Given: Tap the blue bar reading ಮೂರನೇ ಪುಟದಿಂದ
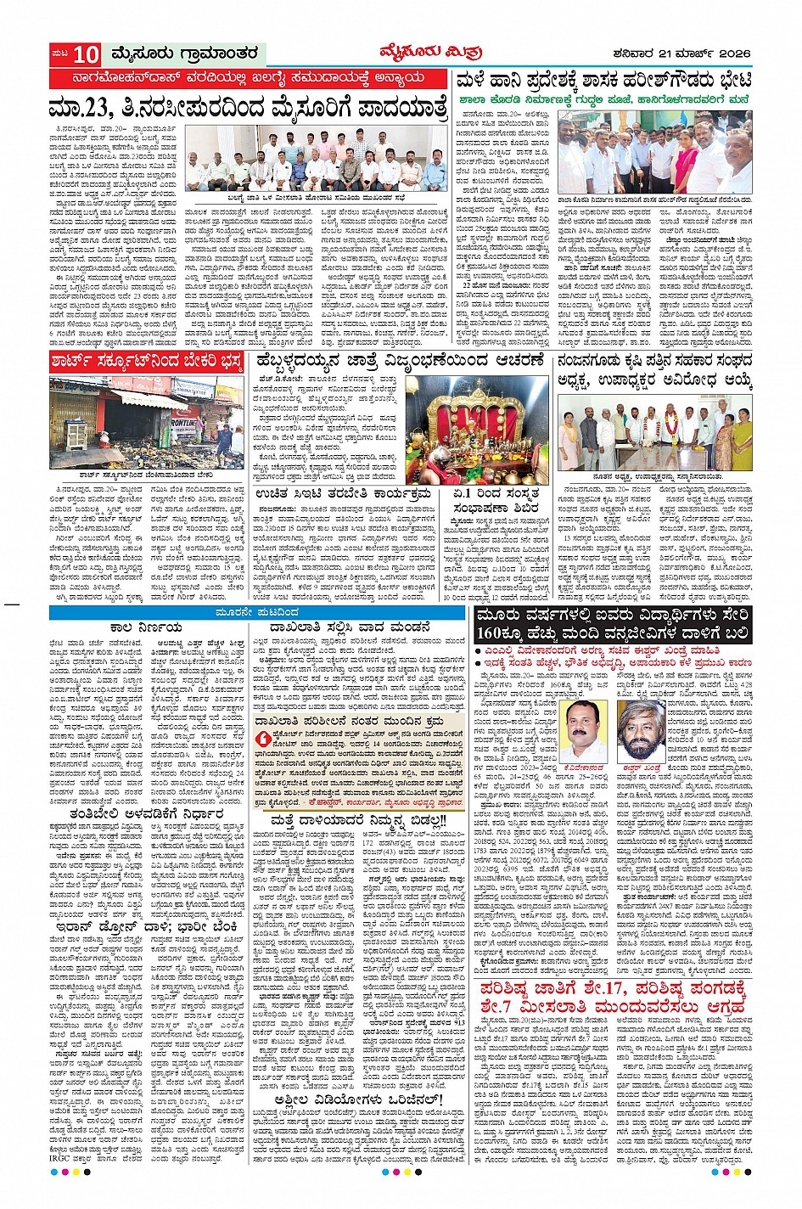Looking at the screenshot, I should coord(257,612).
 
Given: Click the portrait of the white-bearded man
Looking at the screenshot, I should coord(642,731).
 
